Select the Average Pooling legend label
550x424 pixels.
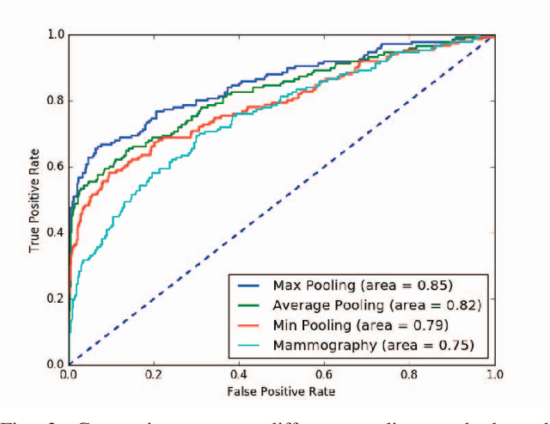click(374, 304)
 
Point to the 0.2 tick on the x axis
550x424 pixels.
click(154, 375)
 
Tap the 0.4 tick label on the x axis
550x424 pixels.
click(238, 375)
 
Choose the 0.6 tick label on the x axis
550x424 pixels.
click(324, 375)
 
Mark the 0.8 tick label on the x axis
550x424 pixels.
click(409, 375)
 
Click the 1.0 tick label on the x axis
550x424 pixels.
click(493, 375)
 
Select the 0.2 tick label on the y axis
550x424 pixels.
click(55, 298)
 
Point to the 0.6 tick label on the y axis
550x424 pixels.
click(55, 166)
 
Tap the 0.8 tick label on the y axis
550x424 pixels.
click(55, 101)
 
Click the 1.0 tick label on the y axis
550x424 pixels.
click(55, 34)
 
